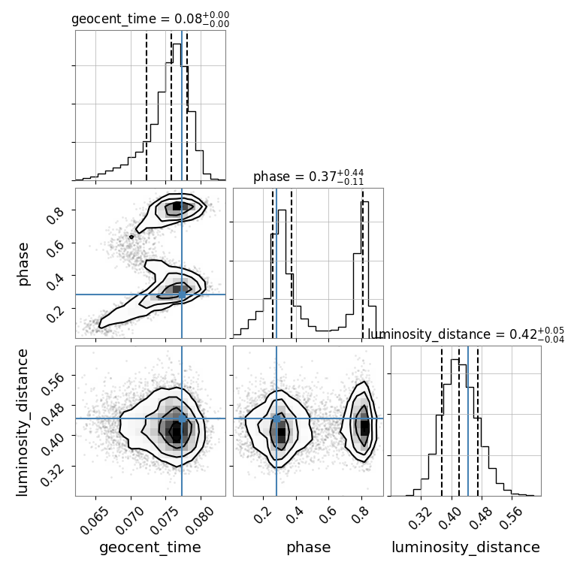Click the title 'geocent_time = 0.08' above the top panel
[x=150, y=20]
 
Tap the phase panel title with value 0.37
[x=308, y=177]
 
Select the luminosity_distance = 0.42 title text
[x=466, y=334]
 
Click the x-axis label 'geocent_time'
[x=150, y=548]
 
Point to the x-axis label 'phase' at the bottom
[x=308, y=548]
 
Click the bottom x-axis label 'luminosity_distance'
[x=466, y=548]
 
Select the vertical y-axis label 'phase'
[x=23, y=263]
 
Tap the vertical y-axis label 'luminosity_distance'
[x=23, y=421]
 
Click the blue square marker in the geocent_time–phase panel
[x=182, y=295]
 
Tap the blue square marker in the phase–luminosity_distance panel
[x=276, y=418]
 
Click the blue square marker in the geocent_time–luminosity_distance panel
[x=182, y=418]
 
